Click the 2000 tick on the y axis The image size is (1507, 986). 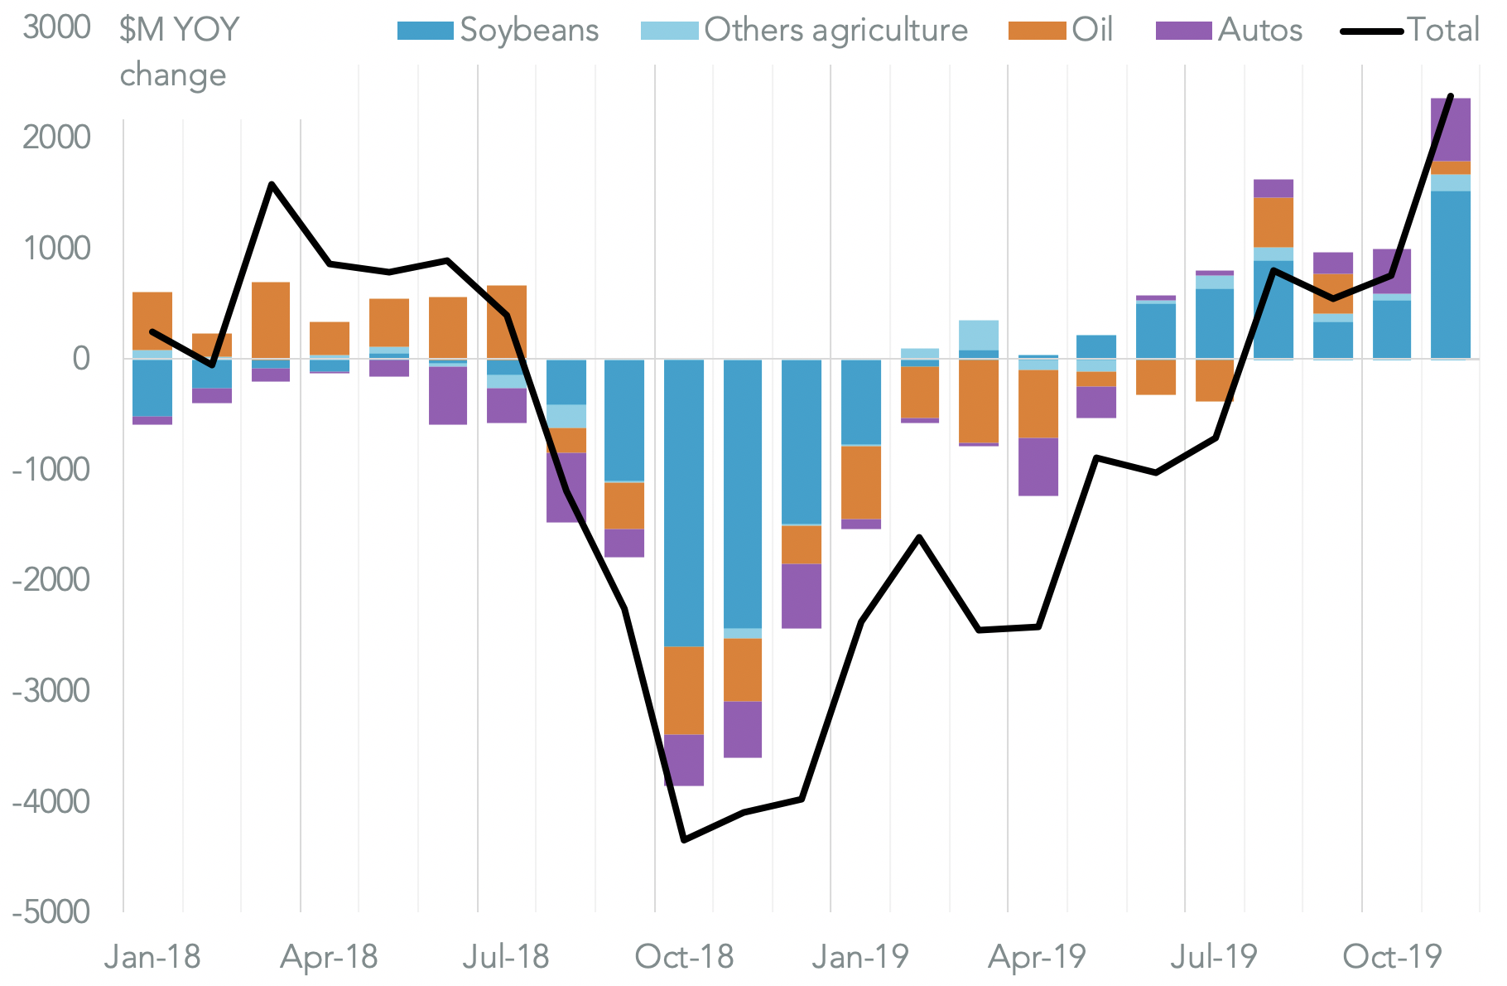point(57,137)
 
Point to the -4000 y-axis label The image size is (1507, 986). point(51,802)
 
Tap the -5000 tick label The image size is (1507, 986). point(51,912)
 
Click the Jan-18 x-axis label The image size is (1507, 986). point(152,958)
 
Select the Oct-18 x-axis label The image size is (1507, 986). point(684,958)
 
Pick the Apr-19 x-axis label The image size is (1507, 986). point(1037,958)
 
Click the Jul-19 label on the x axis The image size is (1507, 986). point(1213,958)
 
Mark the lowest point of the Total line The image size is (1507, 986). point(684,840)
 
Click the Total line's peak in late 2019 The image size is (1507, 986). point(1451,97)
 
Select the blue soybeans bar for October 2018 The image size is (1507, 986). point(684,502)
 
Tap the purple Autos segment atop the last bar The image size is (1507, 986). point(1451,129)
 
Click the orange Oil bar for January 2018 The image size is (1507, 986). point(152,321)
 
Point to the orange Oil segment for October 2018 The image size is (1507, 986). point(684,690)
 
